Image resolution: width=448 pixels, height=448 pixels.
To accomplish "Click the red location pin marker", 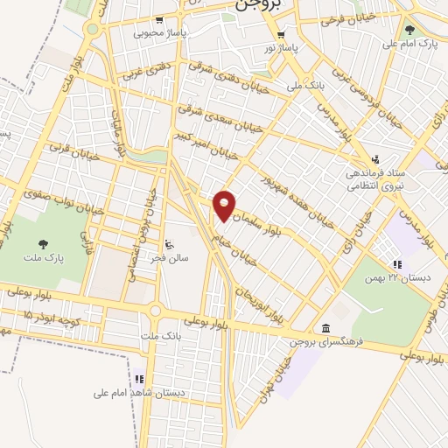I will tap(226, 205).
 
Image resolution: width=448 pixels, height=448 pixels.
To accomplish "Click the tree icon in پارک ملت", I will tap(43, 243).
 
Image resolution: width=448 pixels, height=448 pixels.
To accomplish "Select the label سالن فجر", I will tap(168, 258).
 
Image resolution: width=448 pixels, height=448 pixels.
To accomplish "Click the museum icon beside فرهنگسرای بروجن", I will tap(325, 327).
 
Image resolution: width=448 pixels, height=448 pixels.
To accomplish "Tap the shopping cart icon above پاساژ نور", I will tap(281, 33).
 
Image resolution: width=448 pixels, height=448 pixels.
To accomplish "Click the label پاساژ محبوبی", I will tap(159, 35).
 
